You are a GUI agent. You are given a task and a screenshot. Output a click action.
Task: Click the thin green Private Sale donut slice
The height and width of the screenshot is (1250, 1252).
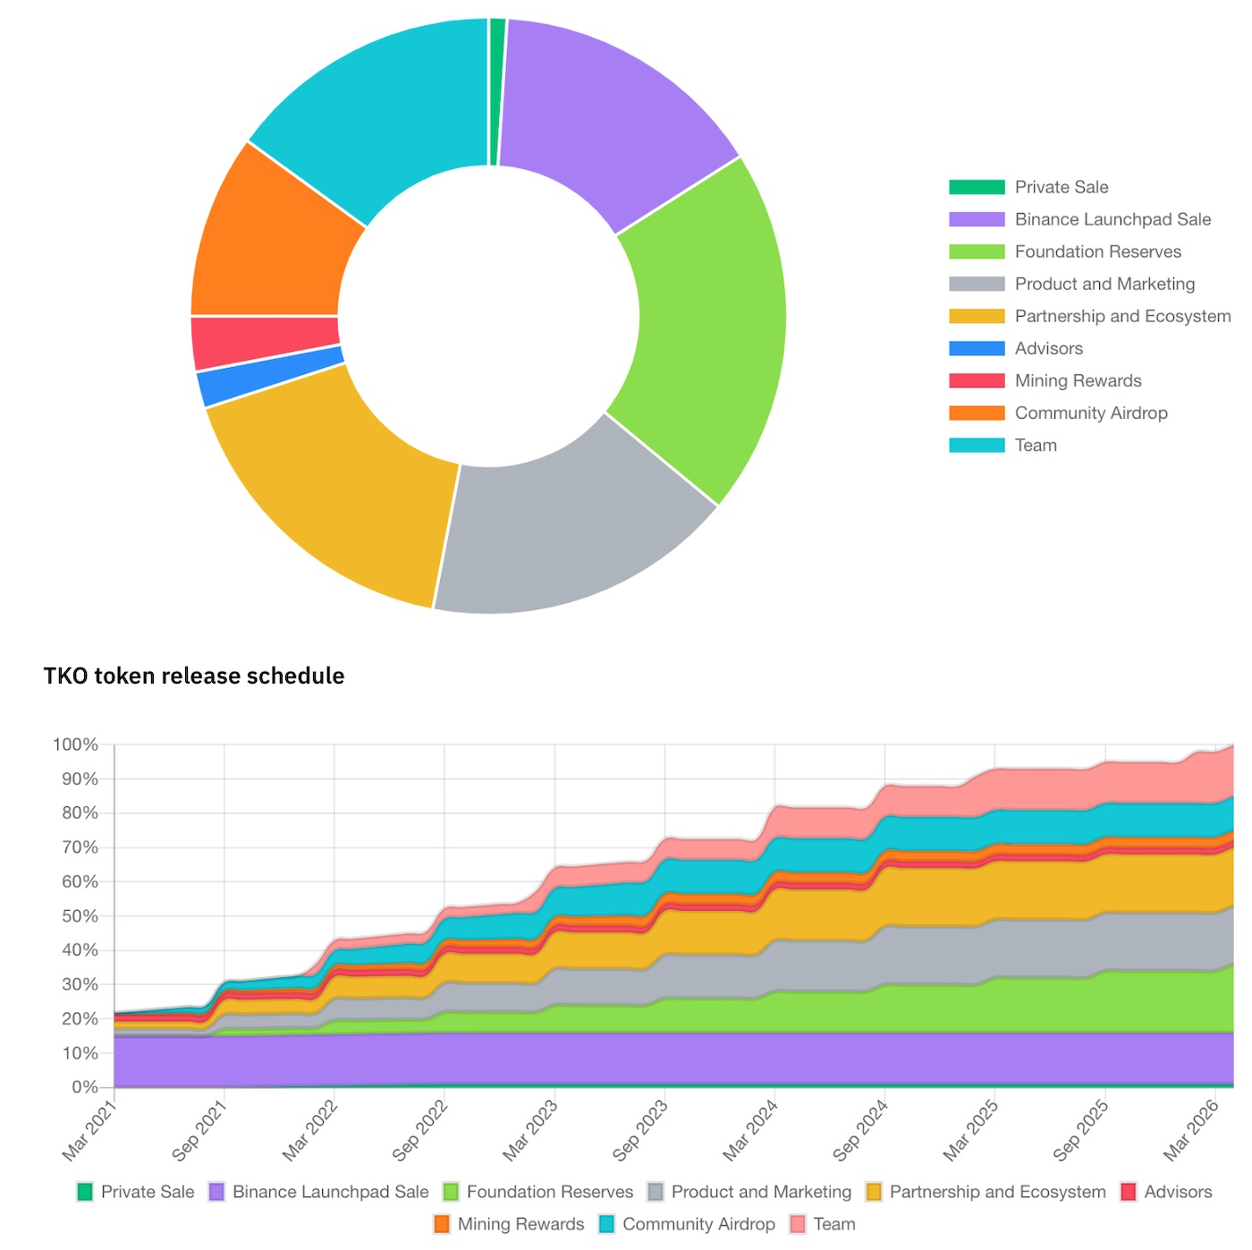point(497,89)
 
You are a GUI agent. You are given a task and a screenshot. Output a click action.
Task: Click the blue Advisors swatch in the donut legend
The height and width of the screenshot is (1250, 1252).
point(977,348)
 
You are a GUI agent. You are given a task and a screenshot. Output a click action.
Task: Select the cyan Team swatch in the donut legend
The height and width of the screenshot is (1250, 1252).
point(977,445)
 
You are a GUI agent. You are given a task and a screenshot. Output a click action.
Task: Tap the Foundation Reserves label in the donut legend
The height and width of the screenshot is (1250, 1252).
point(1097,251)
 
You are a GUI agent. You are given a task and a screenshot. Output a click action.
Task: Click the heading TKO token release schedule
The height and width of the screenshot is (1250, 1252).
point(194,676)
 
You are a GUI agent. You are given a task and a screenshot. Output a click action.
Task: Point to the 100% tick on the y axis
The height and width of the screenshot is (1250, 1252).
point(75,744)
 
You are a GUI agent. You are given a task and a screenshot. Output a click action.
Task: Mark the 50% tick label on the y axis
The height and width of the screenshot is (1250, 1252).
point(79,916)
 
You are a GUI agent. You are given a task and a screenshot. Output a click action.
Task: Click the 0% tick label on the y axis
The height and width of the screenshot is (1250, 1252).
point(84,1087)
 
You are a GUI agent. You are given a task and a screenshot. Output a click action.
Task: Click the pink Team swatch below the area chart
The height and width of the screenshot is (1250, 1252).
point(798,1224)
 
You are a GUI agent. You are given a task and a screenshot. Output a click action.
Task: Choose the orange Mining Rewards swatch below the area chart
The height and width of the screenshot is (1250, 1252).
point(442,1224)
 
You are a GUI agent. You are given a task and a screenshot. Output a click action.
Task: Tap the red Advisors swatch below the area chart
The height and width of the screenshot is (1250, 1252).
point(1129,1192)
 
